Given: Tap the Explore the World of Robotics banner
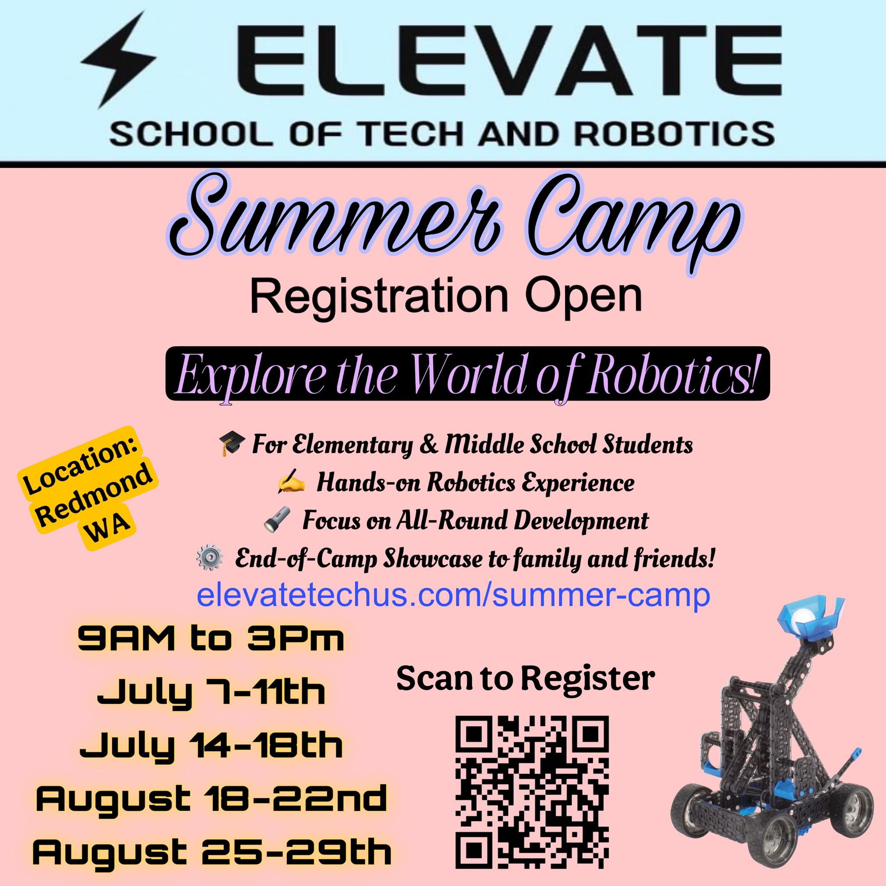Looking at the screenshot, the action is point(467,374).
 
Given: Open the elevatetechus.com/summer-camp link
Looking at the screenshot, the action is point(453,596).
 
